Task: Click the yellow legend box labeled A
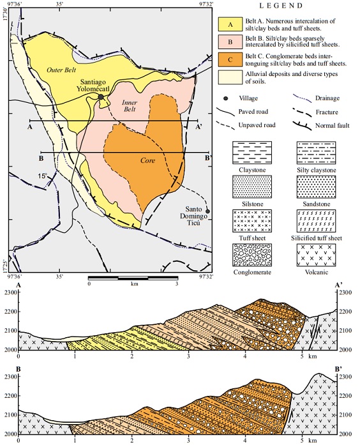(232, 25)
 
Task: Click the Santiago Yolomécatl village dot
(101, 97)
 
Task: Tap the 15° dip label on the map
(41, 176)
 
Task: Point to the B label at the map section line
(41, 158)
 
